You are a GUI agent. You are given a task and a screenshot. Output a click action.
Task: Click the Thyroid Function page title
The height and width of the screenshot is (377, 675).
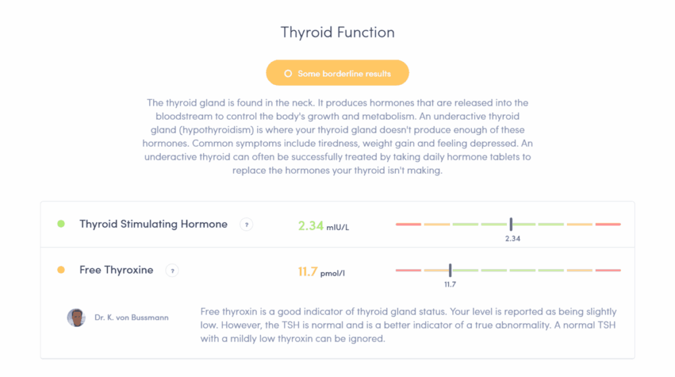(x=337, y=32)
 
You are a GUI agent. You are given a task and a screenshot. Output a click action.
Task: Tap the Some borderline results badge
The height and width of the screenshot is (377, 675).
(x=337, y=73)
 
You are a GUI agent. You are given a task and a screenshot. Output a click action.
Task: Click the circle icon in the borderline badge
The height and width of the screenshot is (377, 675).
(x=287, y=74)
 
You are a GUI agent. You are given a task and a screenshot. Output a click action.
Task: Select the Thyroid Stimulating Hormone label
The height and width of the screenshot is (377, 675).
(x=153, y=224)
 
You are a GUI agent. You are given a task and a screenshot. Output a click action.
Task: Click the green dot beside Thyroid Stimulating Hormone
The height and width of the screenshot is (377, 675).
(x=61, y=224)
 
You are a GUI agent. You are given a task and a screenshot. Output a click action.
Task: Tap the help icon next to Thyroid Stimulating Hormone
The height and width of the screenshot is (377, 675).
(x=246, y=225)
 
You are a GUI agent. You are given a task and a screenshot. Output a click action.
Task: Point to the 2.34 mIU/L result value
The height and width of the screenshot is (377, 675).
(x=323, y=226)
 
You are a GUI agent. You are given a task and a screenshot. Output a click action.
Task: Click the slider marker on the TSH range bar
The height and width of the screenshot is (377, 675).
(x=511, y=224)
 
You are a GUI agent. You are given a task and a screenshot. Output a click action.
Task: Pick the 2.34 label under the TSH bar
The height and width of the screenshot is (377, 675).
(x=512, y=239)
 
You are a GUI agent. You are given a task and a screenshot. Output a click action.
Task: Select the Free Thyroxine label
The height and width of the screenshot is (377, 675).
(x=116, y=270)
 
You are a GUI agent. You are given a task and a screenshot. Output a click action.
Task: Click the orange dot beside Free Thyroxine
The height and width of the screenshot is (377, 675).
(x=61, y=270)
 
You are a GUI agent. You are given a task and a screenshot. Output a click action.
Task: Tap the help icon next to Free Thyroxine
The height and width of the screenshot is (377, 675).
(x=171, y=270)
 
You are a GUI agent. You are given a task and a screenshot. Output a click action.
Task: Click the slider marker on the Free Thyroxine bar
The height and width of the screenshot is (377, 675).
(x=450, y=270)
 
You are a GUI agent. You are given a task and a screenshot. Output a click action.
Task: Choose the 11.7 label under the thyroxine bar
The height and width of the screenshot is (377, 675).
(x=450, y=284)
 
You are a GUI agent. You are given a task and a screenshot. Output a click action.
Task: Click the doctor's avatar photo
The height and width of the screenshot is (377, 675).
(x=76, y=318)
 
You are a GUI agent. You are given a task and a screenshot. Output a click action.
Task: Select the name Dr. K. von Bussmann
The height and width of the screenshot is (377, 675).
(x=131, y=318)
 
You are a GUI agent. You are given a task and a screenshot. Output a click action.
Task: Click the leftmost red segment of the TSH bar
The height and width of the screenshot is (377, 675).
(x=408, y=224)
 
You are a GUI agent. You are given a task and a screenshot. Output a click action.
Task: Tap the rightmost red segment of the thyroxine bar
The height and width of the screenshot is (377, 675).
(x=608, y=270)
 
